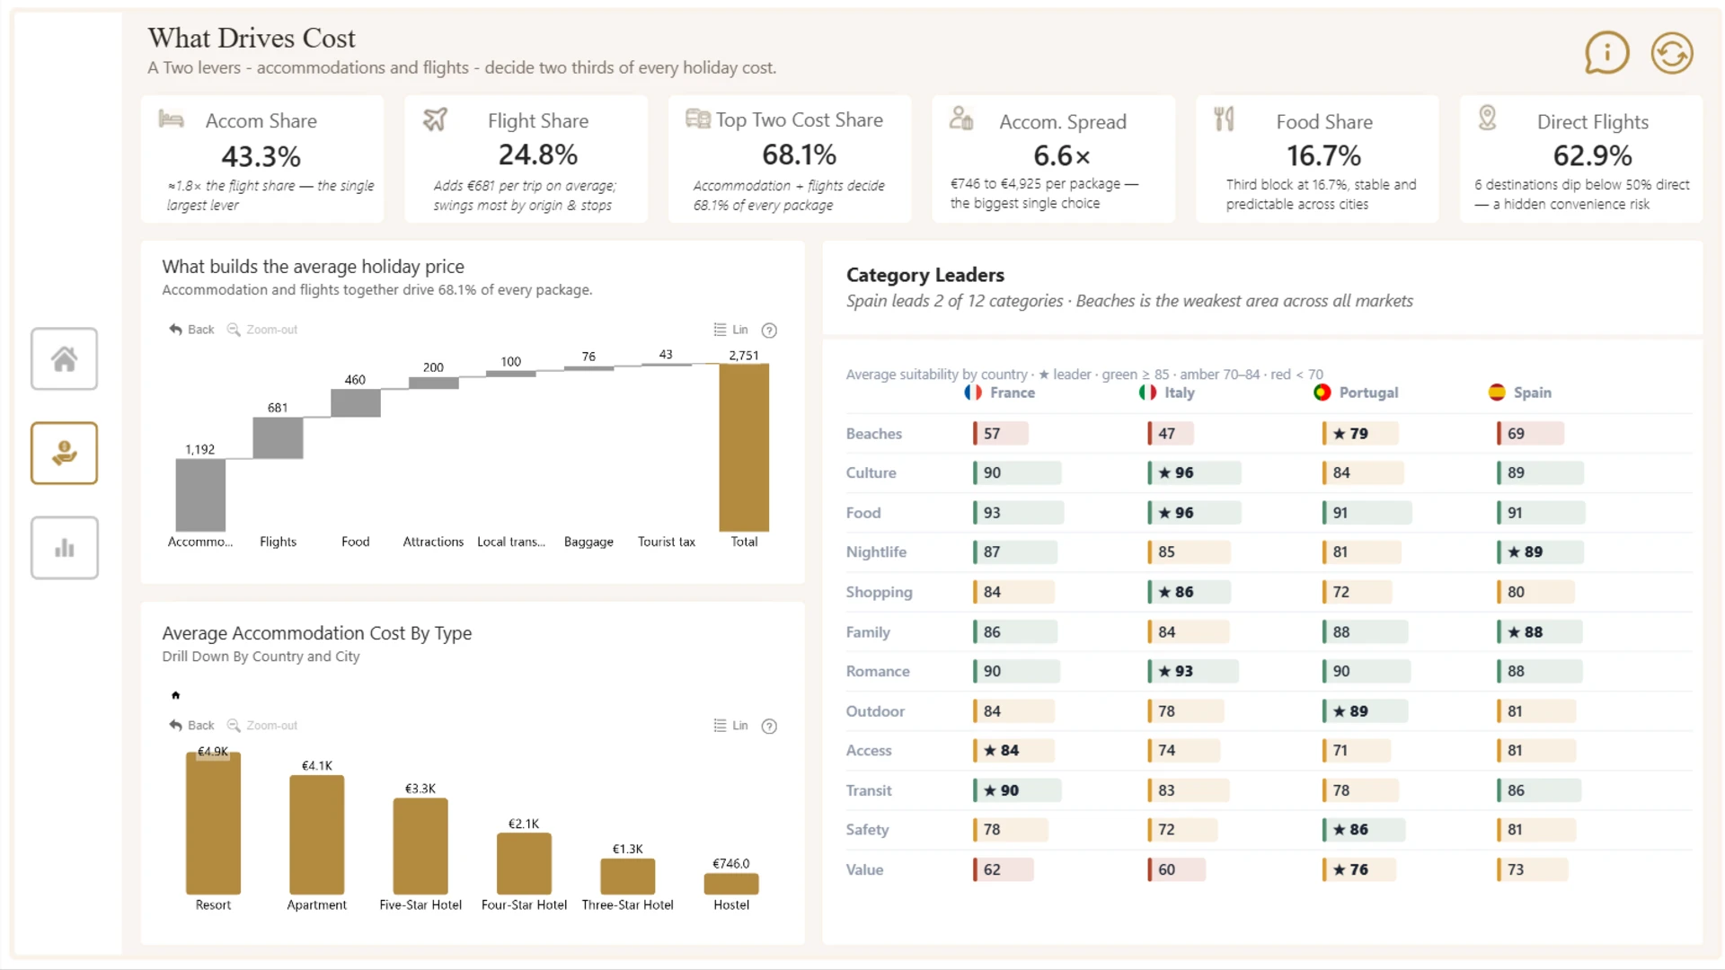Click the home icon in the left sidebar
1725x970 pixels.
64,359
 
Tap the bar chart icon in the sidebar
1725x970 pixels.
64,548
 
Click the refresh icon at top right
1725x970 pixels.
1671,53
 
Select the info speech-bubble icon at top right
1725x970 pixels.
1606,53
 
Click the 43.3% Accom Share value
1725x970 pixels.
261,156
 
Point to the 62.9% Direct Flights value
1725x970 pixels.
1592,155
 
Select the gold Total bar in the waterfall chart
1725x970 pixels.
744,447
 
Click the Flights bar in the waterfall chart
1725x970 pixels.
278,438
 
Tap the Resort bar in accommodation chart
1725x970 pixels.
213,823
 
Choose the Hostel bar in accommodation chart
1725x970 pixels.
731,884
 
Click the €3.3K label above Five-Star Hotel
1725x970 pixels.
420,789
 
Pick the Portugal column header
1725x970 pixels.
1367,392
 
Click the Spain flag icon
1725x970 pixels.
1497,392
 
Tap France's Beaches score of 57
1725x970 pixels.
992,433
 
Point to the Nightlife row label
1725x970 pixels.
876,552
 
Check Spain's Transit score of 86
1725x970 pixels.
1516,790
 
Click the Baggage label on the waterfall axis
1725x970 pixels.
588,542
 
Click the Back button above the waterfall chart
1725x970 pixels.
191,330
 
